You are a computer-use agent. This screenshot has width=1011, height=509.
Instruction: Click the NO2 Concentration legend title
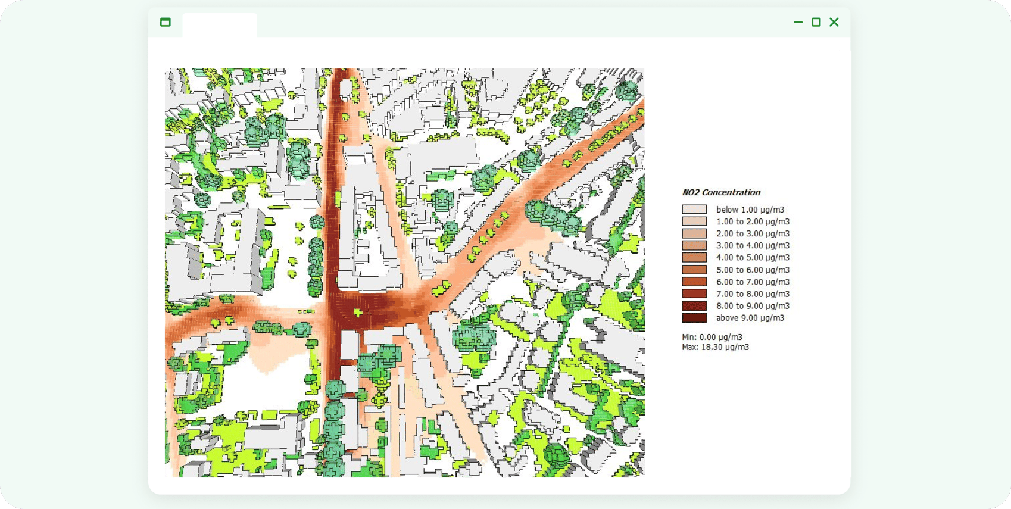[x=721, y=192]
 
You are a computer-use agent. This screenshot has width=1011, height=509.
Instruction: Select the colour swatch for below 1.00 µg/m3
[x=694, y=210]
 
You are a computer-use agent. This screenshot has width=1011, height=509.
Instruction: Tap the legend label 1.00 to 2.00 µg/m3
[x=753, y=221]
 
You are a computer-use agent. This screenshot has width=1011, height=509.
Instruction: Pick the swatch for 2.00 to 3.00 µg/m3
[x=694, y=233]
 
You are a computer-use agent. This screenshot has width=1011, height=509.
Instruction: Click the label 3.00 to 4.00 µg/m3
[x=753, y=245]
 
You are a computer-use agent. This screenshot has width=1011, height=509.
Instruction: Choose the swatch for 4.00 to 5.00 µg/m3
[x=694, y=258]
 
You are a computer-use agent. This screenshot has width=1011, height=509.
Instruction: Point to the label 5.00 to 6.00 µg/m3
[x=753, y=270]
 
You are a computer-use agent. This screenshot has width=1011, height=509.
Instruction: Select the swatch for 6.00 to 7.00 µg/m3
[x=694, y=282]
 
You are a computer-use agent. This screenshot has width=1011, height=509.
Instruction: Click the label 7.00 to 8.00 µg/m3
[x=753, y=293]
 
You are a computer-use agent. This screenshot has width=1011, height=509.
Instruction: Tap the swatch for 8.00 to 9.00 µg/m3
[x=694, y=306]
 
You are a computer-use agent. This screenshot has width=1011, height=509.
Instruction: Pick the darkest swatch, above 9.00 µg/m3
[x=694, y=318]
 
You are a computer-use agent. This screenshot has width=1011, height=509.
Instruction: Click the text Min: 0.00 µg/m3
[x=712, y=337]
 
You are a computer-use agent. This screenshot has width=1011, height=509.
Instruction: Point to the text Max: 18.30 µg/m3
[x=715, y=347]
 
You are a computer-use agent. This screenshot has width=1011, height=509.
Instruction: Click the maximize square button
[x=816, y=22]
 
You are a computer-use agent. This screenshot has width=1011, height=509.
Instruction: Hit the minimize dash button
[x=798, y=22]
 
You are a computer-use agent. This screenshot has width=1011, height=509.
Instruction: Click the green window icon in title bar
[x=166, y=22]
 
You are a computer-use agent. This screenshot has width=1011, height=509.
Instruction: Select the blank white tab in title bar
[x=220, y=25]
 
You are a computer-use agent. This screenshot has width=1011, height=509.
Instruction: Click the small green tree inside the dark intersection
[x=358, y=313]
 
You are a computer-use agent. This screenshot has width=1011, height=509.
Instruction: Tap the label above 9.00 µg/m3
[x=750, y=318]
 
